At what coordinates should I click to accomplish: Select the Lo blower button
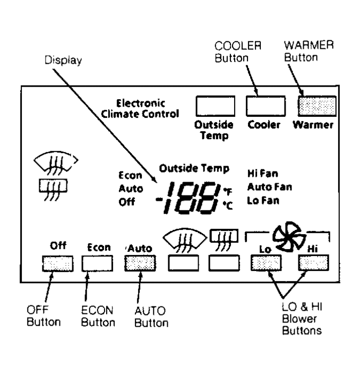[266, 263]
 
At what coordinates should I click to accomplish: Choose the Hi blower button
[313, 263]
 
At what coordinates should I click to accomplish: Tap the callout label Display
[63, 61]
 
